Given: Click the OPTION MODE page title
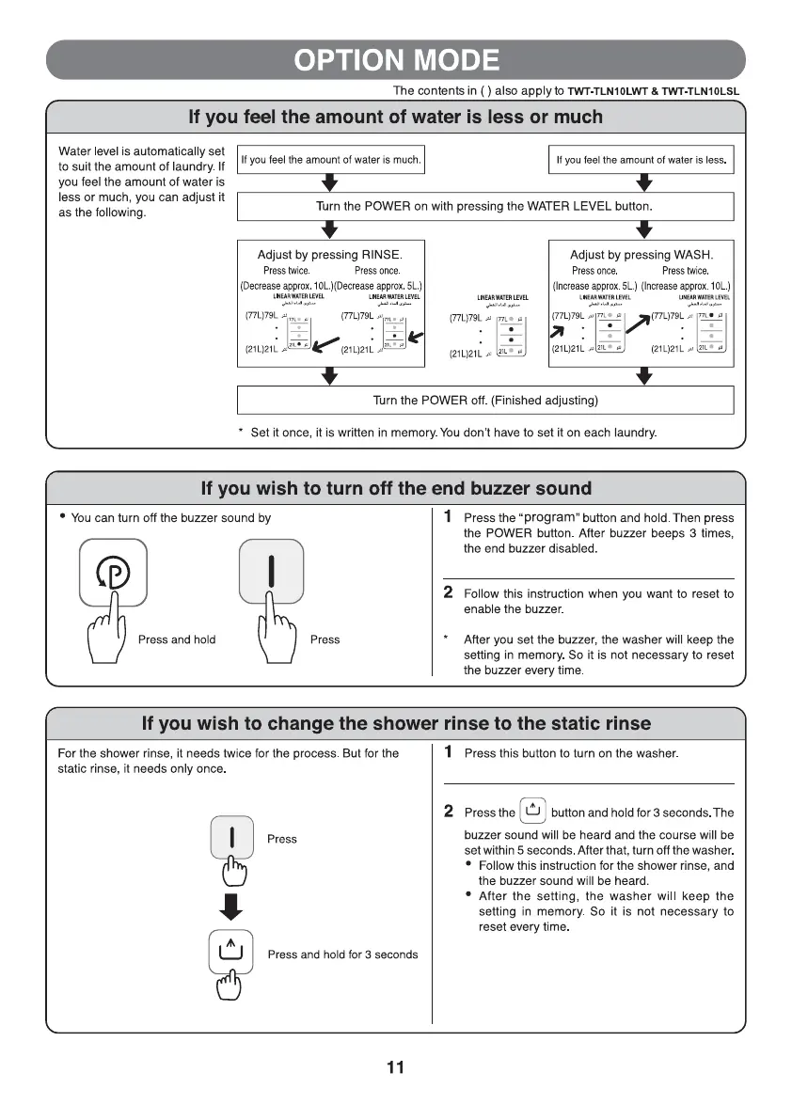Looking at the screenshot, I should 395,60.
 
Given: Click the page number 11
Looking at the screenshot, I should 395,1066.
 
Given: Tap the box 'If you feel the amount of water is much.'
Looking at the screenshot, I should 331,160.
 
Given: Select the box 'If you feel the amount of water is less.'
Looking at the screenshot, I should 641,160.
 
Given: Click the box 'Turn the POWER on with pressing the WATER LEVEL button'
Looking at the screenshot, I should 484,206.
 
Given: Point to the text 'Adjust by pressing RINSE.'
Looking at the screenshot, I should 329,255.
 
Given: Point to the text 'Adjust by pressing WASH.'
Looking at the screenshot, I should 641,255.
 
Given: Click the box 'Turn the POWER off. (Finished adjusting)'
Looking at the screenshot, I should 484,401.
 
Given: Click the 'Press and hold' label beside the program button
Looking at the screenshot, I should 177,639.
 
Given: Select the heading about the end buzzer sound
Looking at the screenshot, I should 396,489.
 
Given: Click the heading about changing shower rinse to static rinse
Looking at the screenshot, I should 396,723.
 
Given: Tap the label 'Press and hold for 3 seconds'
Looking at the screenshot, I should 342,954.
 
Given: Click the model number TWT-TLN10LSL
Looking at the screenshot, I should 701,91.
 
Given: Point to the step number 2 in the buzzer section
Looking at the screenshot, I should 449,592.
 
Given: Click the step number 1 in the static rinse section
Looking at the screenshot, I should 449,752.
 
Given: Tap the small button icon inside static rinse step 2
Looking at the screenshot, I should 533,810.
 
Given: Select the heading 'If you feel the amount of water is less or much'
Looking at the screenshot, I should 396,118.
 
